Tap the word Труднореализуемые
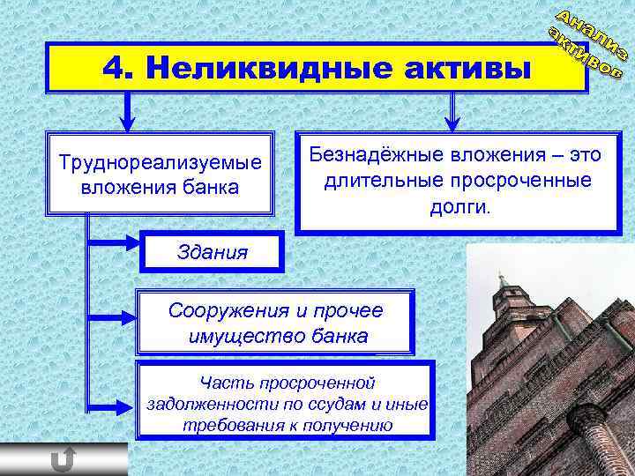(160, 163)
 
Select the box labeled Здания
(213, 252)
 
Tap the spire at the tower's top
(501, 280)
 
